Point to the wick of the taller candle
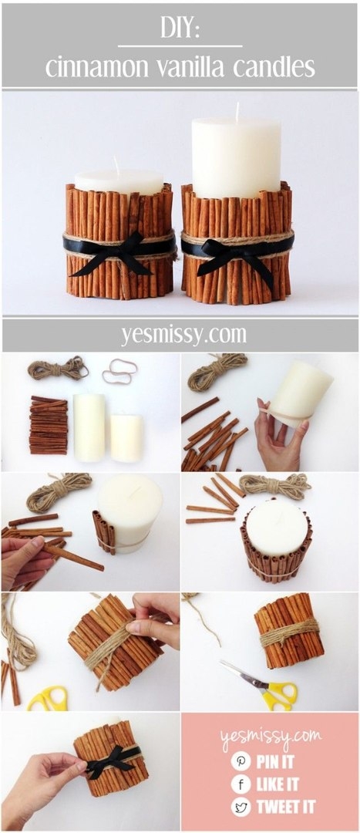[x=237, y=111]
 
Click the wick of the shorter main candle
[x=116, y=165]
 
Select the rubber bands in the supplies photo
[x=119, y=371]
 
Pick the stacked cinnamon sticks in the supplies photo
[x=49, y=425]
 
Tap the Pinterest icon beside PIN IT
[x=241, y=760]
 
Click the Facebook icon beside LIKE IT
[x=241, y=784]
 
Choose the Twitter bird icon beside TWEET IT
[x=241, y=808]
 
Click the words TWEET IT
[x=286, y=808]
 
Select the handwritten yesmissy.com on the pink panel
[x=271, y=737]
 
